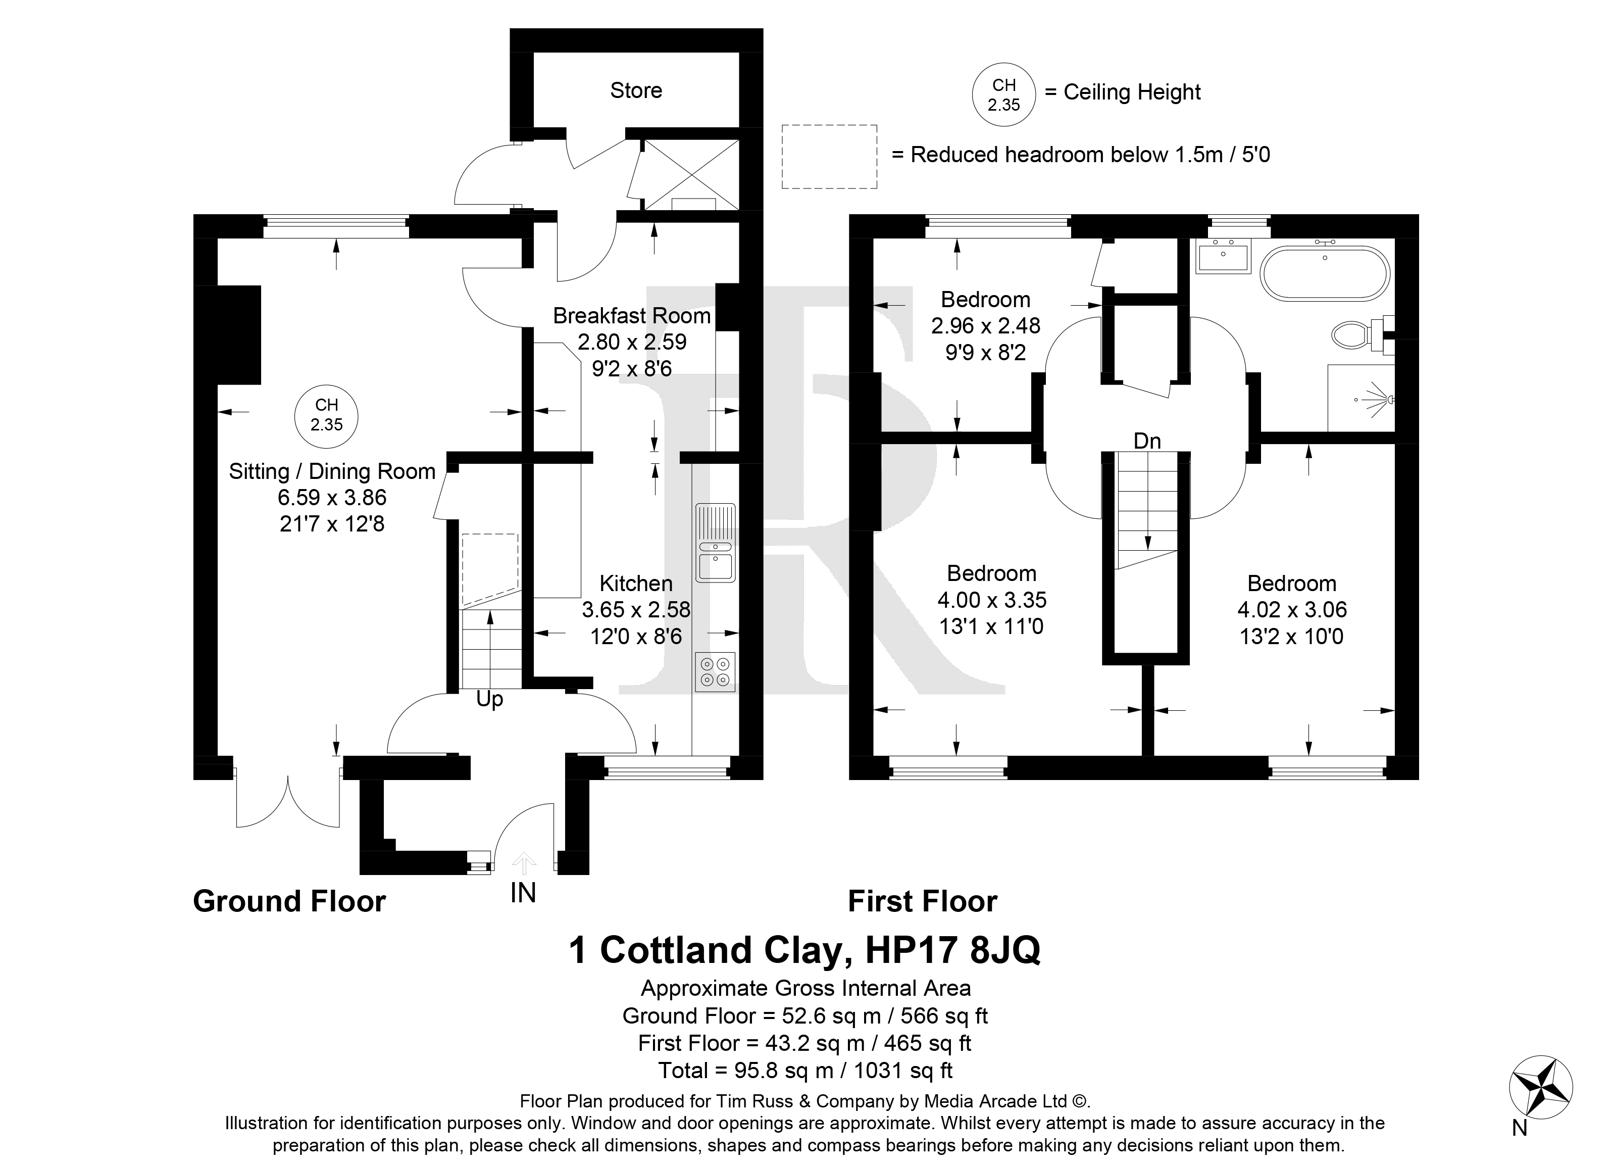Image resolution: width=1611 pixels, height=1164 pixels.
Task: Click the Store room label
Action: (636, 90)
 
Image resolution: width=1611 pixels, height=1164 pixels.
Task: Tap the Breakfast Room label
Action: (631, 316)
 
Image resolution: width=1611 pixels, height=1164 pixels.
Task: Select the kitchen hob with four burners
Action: (715, 671)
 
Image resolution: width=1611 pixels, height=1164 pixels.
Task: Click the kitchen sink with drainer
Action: (715, 543)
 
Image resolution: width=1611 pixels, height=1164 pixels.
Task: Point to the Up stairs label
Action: (489, 699)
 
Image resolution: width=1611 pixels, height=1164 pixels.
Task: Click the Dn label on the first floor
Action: (1147, 441)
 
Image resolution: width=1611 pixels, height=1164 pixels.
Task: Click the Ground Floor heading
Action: (289, 901)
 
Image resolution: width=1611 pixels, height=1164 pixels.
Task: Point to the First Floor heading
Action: (923, 901)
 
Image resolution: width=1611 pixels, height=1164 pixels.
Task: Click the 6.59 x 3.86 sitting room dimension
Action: (332, 498)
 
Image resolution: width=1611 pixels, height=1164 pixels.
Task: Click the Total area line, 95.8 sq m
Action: (805, 1070)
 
